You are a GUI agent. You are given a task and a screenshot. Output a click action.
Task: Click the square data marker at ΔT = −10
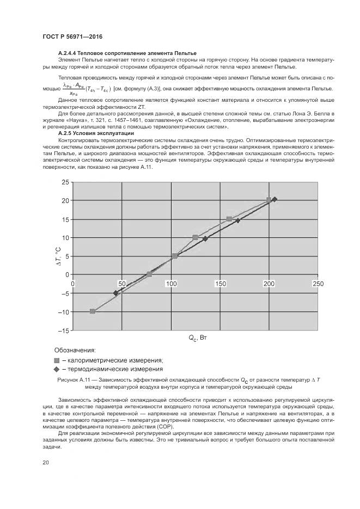[x=93, y=311]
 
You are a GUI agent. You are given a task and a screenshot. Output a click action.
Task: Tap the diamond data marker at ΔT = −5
[x=115, y=293]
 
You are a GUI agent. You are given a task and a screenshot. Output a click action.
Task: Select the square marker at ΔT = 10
[x=195, y=237]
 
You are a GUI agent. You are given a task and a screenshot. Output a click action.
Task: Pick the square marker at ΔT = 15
[x=229, y=219]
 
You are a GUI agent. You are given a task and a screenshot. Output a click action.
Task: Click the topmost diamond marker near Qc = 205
[x=274, y=200]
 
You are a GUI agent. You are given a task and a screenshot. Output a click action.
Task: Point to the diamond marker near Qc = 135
[x=205, y=239]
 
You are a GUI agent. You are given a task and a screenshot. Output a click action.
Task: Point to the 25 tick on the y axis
[x=65, y=182]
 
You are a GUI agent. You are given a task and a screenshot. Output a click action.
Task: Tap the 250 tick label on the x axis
[x=318, y=284]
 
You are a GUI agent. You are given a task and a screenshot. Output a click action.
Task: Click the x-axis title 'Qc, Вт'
[x=198, y=339]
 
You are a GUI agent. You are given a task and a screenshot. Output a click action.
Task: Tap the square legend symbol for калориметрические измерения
[x=56, y=360]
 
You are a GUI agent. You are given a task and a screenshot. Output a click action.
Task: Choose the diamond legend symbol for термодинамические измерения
[x=56, y=369]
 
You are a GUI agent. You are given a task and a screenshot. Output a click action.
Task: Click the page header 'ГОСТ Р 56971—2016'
[x=72, y=36]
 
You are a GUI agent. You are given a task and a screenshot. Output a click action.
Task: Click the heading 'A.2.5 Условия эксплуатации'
[x=96, y=133]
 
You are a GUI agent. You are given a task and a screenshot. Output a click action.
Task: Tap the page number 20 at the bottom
[x=46, y=463]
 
